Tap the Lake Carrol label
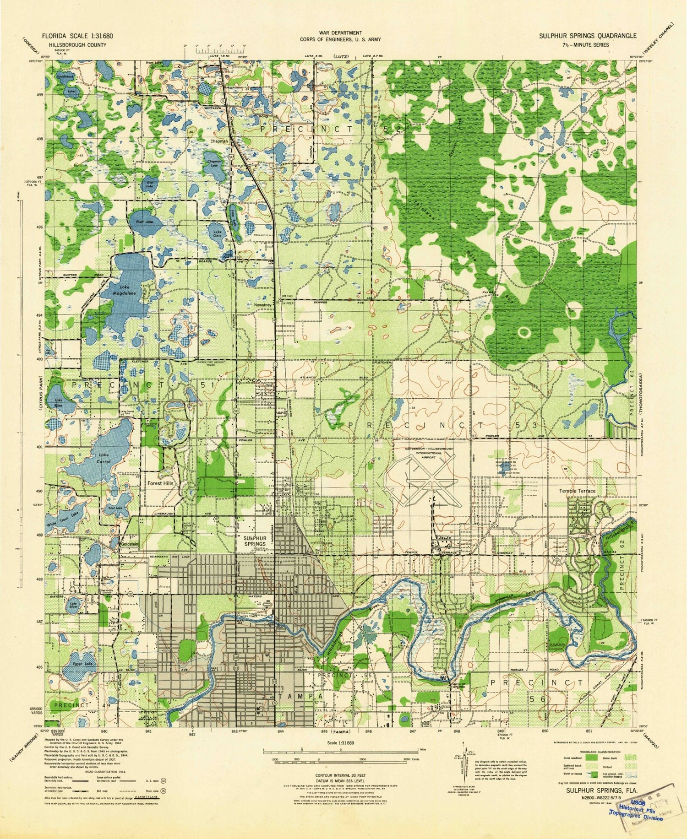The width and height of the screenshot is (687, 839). coord(106,458)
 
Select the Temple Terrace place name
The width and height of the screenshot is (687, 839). coord(577,491)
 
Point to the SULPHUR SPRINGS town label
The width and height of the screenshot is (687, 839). coord(255,541)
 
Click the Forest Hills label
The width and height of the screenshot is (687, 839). coord(160,483)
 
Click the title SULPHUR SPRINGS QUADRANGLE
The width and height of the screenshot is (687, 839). coord(587,36)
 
